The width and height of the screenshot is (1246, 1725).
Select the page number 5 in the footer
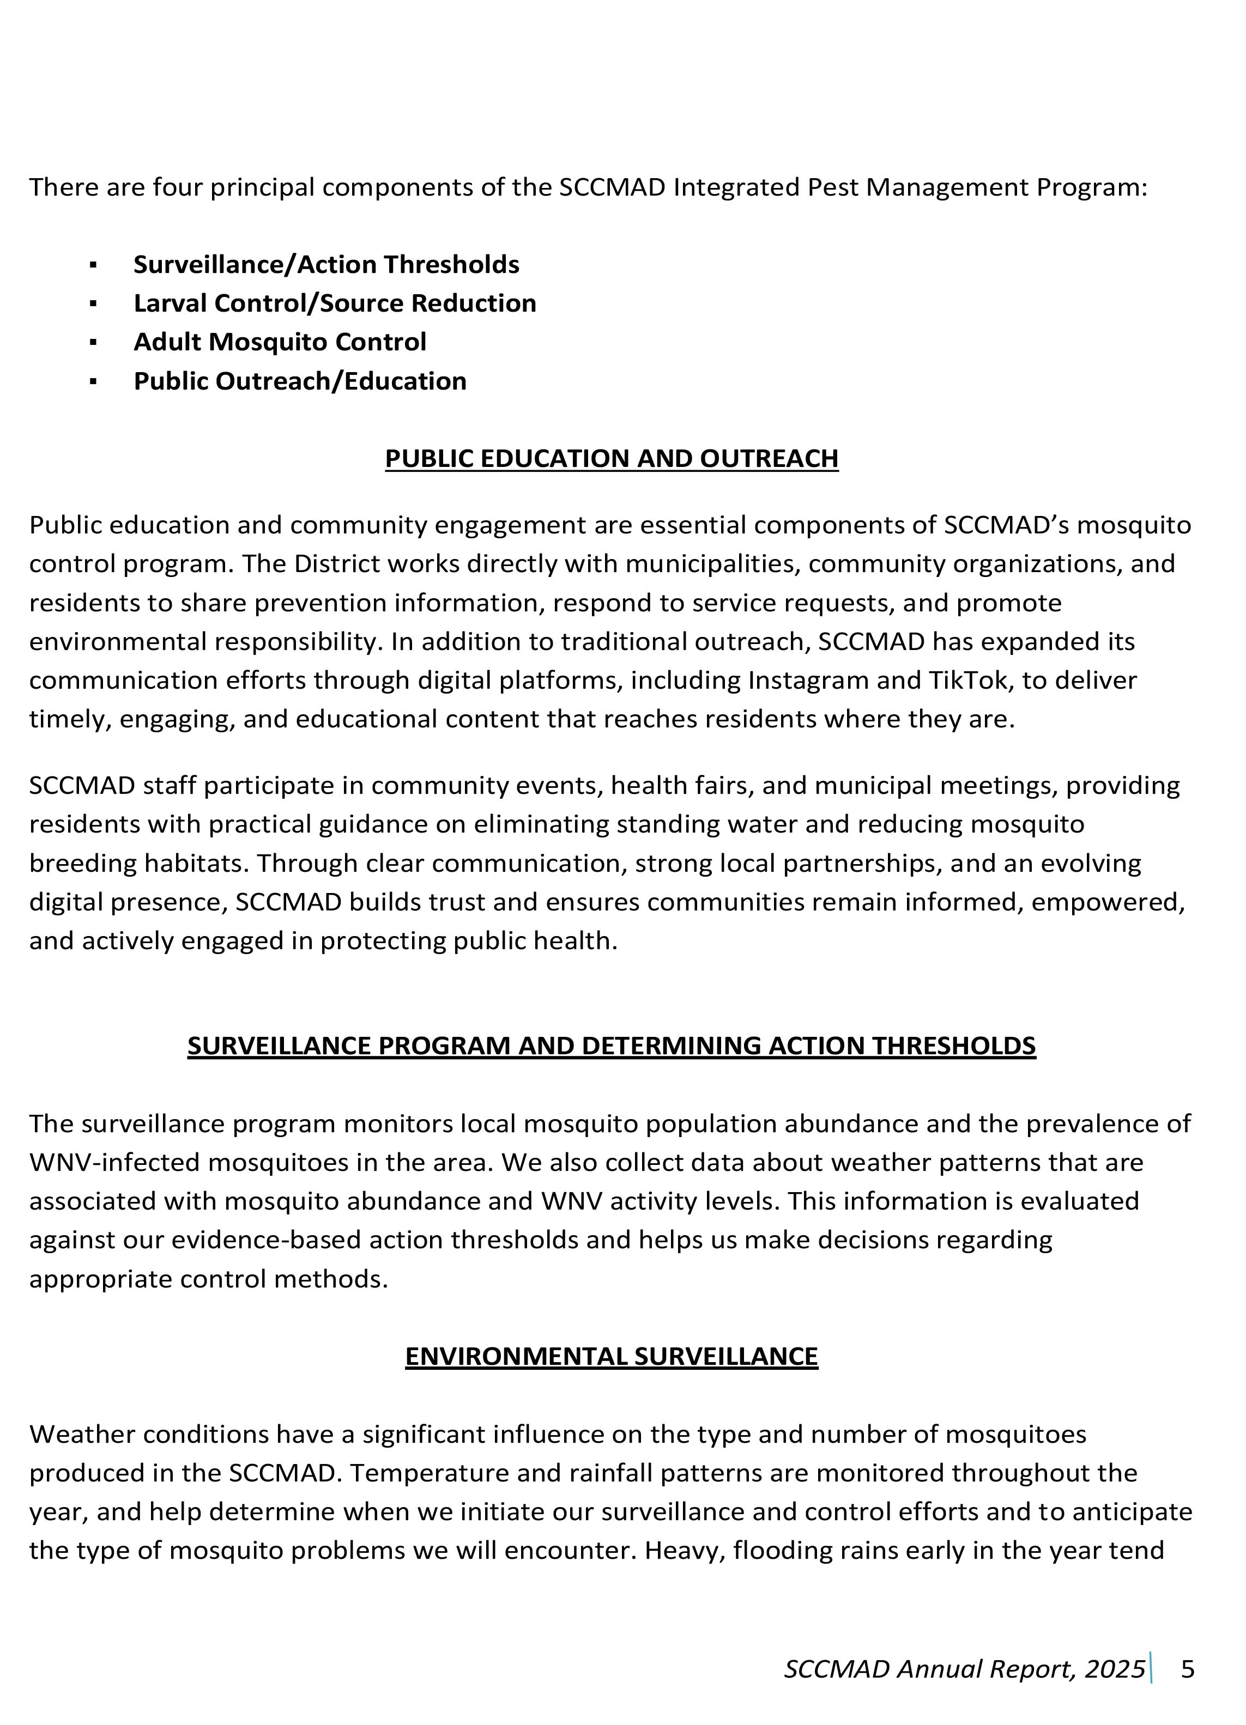coord(1188,1669)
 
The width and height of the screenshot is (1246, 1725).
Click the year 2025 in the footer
coord(1115,1669)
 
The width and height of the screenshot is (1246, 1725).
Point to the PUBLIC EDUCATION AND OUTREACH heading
coord(612,459)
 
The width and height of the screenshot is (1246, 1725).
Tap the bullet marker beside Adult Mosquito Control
coord(93,342)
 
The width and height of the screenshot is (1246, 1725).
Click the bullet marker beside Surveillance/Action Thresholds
coord(93,265)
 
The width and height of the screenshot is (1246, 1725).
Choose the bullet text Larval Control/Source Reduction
coord(335,303)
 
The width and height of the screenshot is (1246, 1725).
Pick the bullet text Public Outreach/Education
coord(300,381)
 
